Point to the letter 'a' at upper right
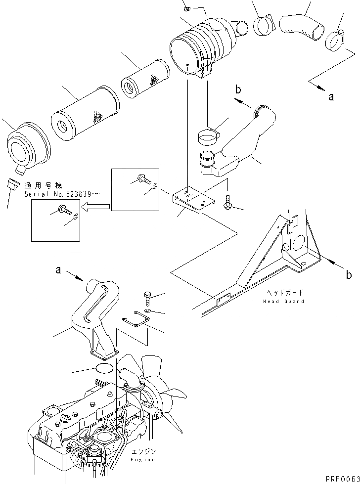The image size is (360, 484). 331,97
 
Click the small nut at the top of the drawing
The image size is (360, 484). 187,8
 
